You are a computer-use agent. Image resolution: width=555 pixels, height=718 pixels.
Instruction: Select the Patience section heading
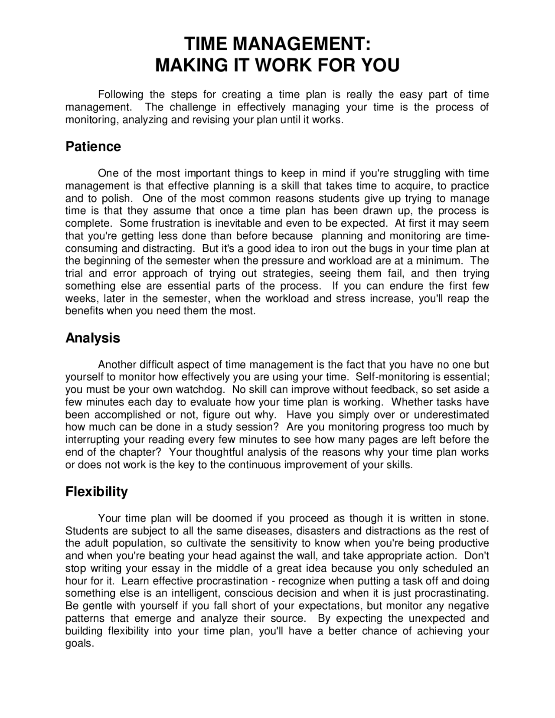(93, 147)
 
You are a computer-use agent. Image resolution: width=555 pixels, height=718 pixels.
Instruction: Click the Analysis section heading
(92, 338)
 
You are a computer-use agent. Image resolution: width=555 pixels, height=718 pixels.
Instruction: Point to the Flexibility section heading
(96, 492)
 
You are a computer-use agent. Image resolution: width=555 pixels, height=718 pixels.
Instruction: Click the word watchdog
(198, 389)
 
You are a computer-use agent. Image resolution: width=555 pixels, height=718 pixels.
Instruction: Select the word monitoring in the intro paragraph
(91, 120)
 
